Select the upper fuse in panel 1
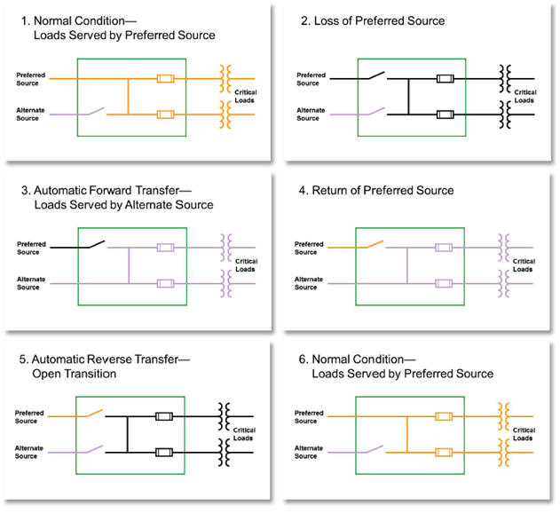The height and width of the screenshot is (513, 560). point(165,79)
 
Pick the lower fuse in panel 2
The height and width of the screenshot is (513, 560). point(446,114)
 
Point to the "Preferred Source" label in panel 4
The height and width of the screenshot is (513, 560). point(309,248)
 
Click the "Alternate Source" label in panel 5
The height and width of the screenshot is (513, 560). point(29,452)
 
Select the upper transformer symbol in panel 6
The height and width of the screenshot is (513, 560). point(507,414)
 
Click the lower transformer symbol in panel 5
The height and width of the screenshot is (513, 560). point(226,451)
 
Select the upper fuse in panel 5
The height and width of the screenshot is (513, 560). point(164,415)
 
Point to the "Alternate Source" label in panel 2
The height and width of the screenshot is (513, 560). point(308,114)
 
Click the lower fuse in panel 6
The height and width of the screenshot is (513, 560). point(446,451)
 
